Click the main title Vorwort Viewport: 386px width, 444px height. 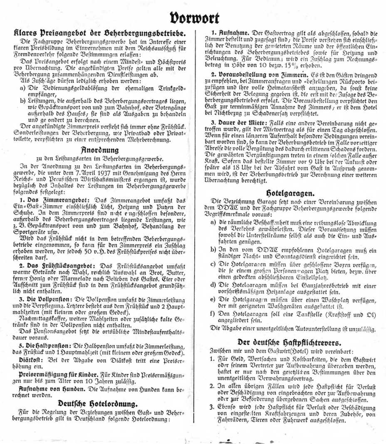pyautogui.click(x=194, y=18)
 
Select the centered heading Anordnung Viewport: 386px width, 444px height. pyautogui.click(x=99, y=150)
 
